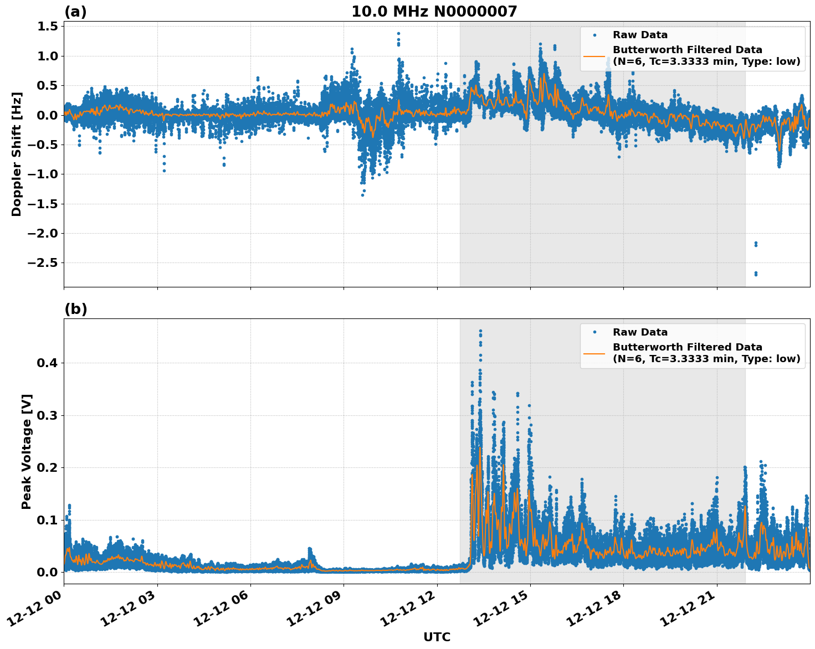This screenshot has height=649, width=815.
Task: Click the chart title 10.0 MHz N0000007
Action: click(x=434, y=12)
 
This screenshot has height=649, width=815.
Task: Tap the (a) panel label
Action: click(x=75, y=12)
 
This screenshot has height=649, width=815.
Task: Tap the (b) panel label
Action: click(x=75, y=309)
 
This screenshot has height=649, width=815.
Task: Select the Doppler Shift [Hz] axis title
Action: click(x=17, y=154)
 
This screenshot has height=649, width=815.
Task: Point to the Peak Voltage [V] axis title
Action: click(x=27, y=451)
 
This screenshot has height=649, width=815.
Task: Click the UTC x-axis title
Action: click(x=437, y=637)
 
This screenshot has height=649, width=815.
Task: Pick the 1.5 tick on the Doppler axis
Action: click(x=47, y=27)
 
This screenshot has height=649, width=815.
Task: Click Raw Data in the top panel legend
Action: click(x=640, y=35)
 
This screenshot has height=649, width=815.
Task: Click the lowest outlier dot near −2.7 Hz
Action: click(x=756, y=274)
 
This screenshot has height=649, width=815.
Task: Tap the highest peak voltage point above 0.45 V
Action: click(x=480, y=331)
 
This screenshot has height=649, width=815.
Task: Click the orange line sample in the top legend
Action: click(x=594, y=55)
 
